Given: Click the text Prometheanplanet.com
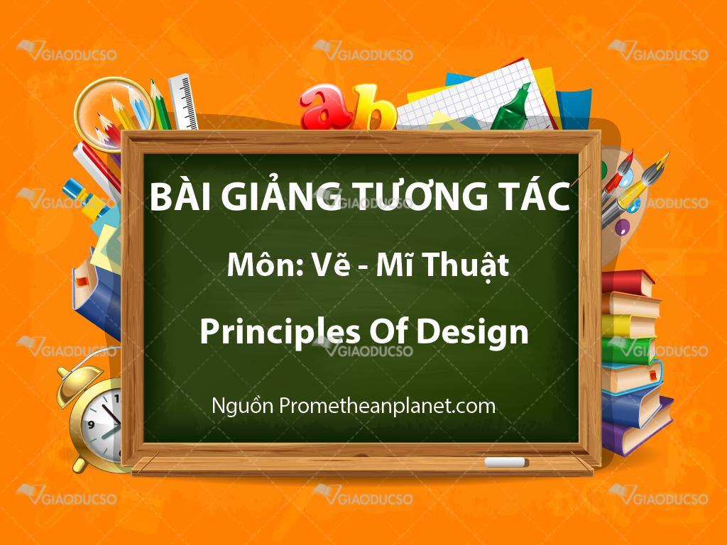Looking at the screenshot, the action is (387, 406).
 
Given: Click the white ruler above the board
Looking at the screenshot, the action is (183, 102).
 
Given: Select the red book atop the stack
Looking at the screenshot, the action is (627, 282).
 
